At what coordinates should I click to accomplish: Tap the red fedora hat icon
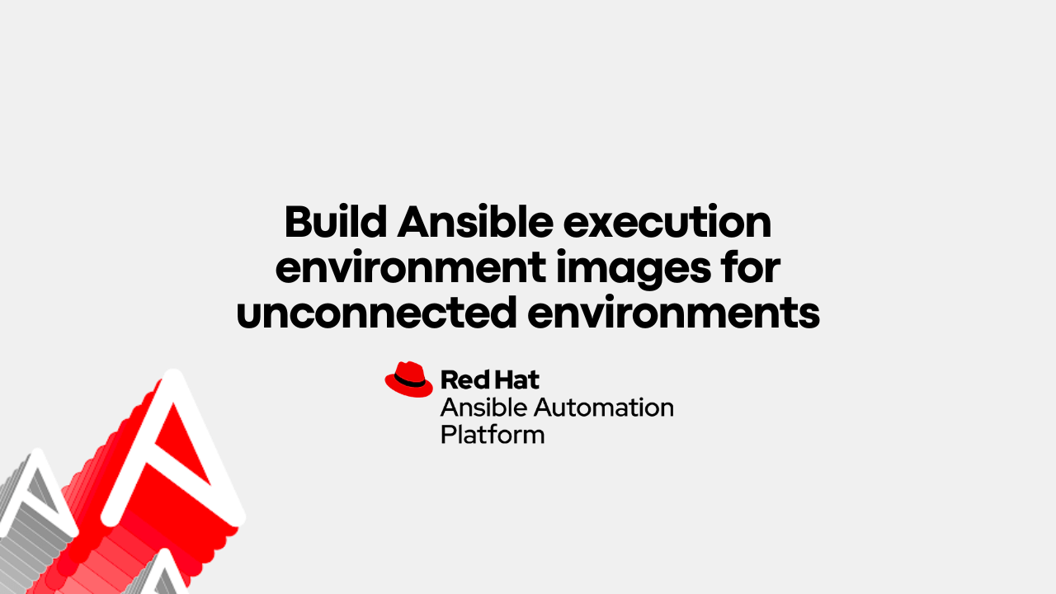point(408,379)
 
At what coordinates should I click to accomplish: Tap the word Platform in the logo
point(493,434)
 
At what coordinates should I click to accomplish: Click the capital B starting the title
point(297,222)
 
